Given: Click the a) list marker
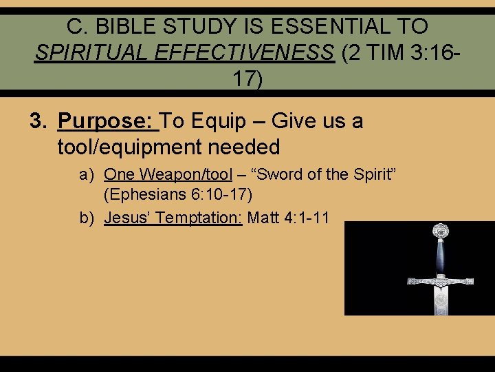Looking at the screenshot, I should click(86, 175).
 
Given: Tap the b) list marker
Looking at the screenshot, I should click(86, 218).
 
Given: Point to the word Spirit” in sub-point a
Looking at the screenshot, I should click(371, 175).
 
